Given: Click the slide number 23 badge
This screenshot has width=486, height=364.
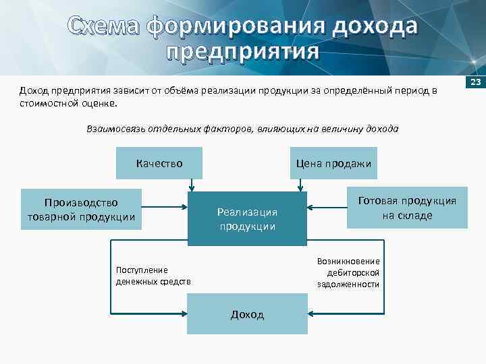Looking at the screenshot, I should coord(475,82).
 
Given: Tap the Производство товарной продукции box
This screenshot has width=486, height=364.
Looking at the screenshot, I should coord(81,209).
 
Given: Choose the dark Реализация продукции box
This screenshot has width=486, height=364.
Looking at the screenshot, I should coord(247,218).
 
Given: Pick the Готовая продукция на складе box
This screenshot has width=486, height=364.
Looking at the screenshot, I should coord(407,208).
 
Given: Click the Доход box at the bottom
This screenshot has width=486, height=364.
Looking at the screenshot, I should coord(247,315).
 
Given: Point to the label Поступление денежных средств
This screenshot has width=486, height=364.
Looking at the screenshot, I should coord(153,275).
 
